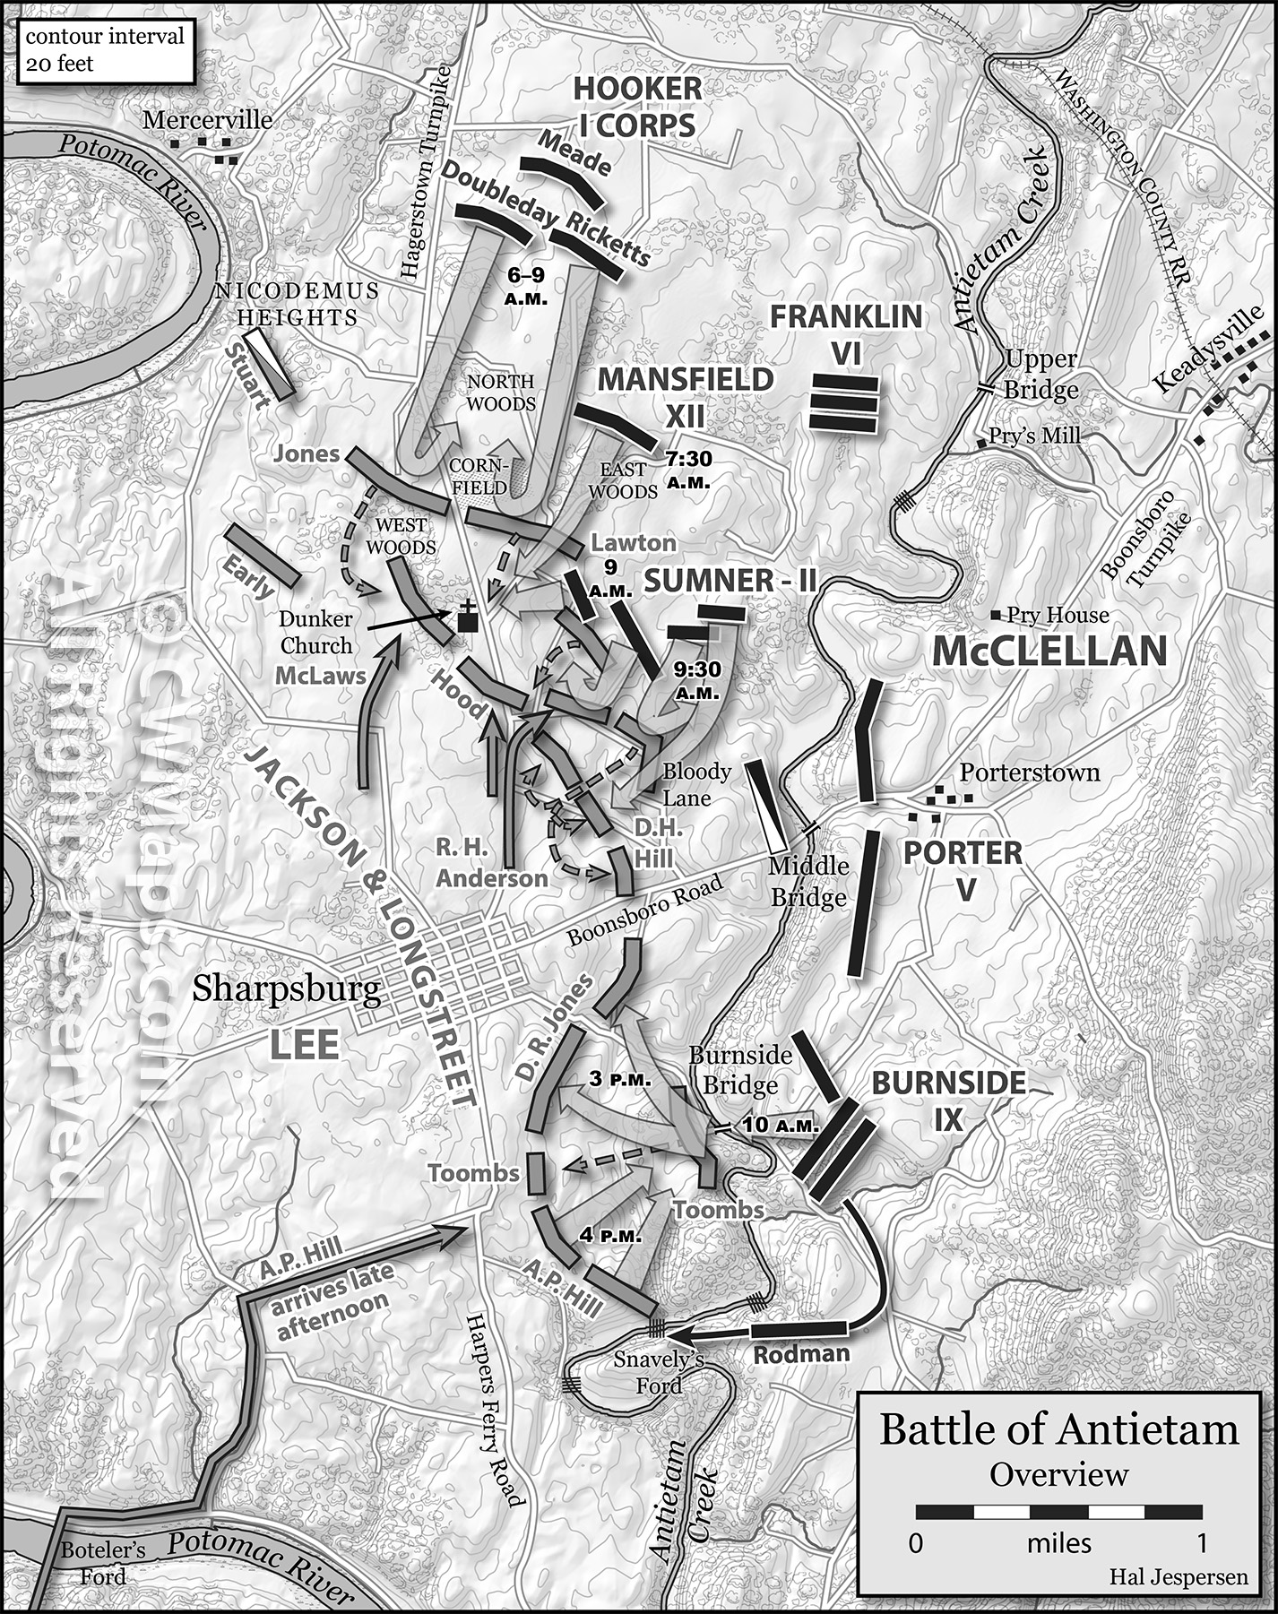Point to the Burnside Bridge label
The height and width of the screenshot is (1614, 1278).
point(740,1070)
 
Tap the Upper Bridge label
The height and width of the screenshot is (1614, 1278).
point(1041,375)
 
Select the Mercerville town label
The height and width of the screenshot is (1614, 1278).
point(207,119)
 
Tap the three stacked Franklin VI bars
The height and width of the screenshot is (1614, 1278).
point(843,402)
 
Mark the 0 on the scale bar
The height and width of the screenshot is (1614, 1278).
point(915,1542)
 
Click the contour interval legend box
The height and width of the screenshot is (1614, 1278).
point(105,50)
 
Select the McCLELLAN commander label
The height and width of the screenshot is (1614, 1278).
point(1049,652)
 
